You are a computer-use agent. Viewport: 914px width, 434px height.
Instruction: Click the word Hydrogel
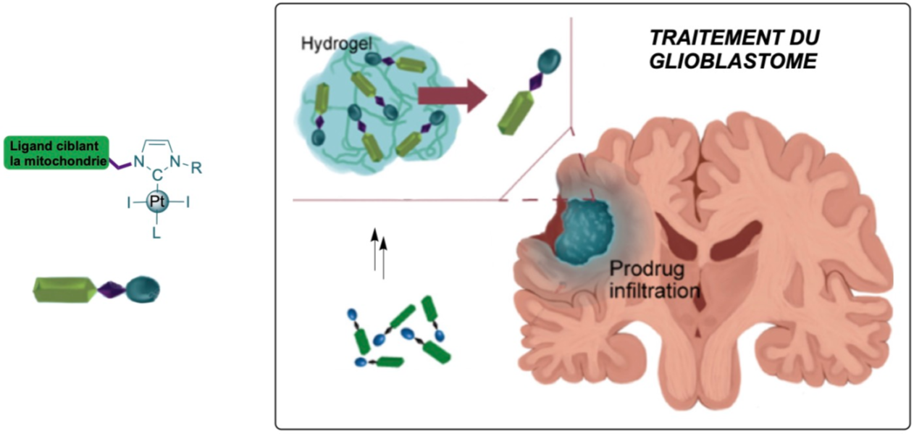tap(326, 43)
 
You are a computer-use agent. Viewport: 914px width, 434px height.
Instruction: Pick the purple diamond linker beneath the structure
tap(112, 291)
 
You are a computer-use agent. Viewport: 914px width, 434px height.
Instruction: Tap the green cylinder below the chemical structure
tap(64, 291)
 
